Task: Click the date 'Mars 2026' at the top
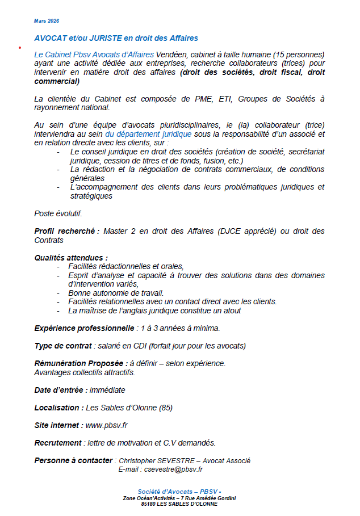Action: tap(46, 21)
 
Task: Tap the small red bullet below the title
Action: tap(20, 47)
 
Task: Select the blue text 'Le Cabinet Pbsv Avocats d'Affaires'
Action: tap(94, 54)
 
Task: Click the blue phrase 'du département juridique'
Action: tap(149, 134)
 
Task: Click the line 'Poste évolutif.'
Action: tap(57, 213)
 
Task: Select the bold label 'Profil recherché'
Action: tap(66, 231)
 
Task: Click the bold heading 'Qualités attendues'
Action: tap(70, 258)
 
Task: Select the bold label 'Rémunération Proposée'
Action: tap(80, 363)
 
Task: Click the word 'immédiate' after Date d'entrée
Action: tap(107, 390)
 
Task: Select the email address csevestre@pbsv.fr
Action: tap(173, 469)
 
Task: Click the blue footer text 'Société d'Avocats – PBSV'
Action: tap(177, 492)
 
